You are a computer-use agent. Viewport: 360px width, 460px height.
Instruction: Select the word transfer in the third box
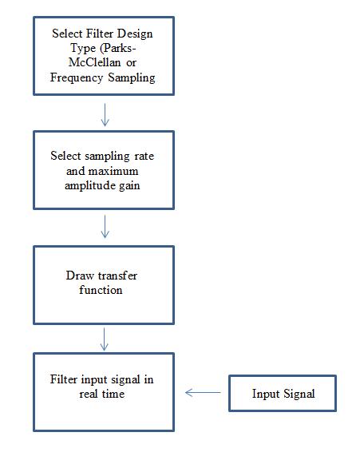(117, 276)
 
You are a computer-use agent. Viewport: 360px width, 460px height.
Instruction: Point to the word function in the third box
(103, 290)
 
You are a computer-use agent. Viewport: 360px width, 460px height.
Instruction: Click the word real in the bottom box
(88, 395)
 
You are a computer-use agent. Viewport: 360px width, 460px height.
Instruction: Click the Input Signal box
(283, 394)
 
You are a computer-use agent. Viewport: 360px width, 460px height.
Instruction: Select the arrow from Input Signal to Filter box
(204, 393)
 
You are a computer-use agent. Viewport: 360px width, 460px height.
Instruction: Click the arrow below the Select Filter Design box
(105, 113)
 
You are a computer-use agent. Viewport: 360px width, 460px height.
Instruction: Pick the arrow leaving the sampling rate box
(105, 226)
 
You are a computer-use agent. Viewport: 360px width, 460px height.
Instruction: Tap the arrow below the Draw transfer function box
(105, 339)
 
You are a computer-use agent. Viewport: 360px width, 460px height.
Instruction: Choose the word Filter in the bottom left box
(65, 379)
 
